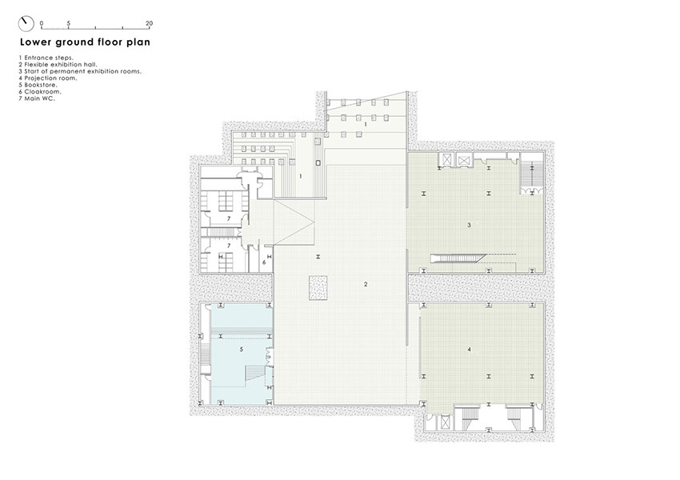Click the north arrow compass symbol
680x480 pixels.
[x=26, y=24]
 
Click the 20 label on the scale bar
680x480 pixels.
[x=149, y=23]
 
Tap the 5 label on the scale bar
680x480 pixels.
[x=69, y=23]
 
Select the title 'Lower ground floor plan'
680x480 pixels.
[x=85, y=42]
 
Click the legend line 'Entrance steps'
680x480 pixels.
[x=46, y=58]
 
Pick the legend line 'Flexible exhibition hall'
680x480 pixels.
[x=58, y=65]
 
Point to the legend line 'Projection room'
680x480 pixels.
[x=48, y=78]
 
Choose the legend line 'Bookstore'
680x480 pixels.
[x=38, y=85]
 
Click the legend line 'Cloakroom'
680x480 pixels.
[x=40, y=91]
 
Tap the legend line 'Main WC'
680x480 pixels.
[x=37, y=98]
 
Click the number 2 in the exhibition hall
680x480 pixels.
[x=366, y=285]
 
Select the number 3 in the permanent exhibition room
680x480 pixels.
[x=469, y=225]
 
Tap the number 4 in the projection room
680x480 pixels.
[x=470, y=350]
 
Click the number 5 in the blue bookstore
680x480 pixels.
[x=242, y=350]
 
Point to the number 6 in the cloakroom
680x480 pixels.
[x=264, y=262]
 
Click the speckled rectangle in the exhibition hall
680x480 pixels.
[x=318, y=287]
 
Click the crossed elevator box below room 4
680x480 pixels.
[x=445, y=422]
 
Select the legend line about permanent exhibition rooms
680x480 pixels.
[x=80, y=71]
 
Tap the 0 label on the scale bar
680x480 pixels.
[x=42, y=23]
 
